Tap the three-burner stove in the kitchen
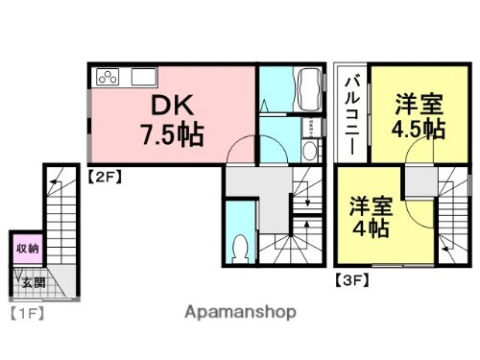click(x=107, y=77)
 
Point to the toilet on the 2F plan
click(x=240, y=247)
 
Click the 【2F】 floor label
click(x=104, y=175)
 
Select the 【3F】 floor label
click(x=349, y=280)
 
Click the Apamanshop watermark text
click(x=240, y=312)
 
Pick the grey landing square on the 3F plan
click(x=419, y=182)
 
